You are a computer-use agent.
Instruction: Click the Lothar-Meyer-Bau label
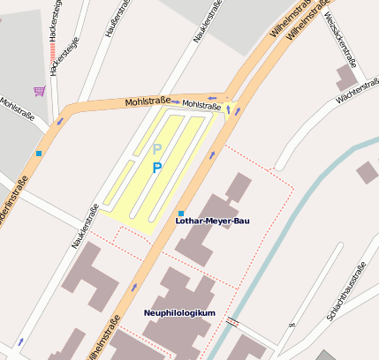[212, 221]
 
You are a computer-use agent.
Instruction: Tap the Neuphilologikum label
[179, 313]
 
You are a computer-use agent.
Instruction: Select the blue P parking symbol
[157, 168]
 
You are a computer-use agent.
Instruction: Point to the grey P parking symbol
[157, 149]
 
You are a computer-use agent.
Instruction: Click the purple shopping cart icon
[39, 91]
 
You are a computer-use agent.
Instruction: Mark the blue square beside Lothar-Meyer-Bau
[180, 214]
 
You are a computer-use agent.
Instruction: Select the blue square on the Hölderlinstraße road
[39, 154]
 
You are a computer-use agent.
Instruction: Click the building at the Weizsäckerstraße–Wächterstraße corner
[346, 78]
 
